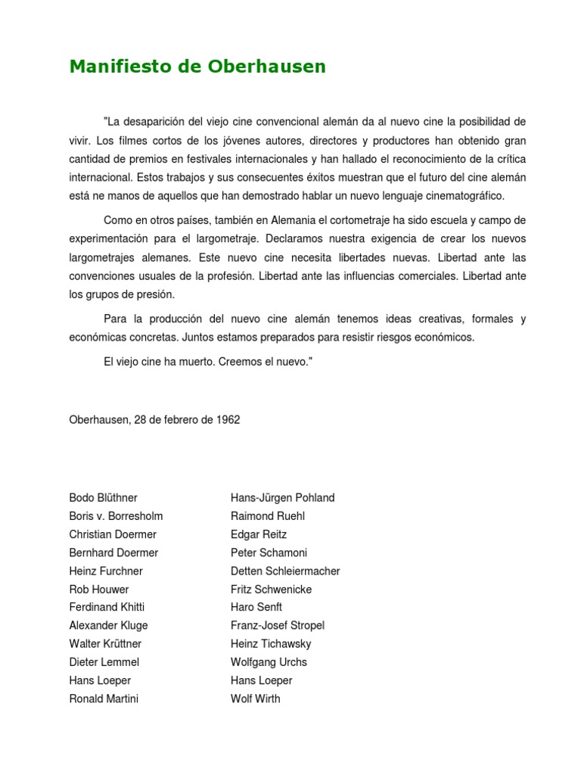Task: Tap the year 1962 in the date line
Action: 227,419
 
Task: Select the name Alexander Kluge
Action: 108,626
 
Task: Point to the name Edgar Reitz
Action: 259,534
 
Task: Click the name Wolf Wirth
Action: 255,699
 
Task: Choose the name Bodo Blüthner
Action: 103,498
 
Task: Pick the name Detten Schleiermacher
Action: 285,571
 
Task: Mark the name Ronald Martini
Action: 104,699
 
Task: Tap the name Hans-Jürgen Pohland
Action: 282,498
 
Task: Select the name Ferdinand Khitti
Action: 107,608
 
